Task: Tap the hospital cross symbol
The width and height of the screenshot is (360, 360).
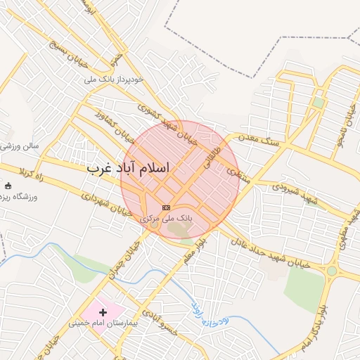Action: [103, 311]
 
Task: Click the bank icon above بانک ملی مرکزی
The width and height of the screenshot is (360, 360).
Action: [166, 207]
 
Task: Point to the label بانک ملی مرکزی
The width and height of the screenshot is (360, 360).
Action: [166, 219]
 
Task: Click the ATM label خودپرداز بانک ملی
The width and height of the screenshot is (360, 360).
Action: [113, 79]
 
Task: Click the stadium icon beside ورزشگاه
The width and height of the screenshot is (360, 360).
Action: [8, 186]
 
